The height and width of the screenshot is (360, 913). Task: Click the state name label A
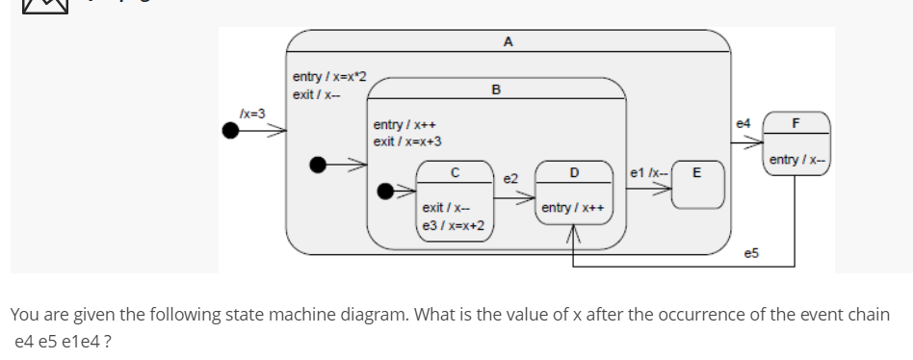pyautogui.click(x=508, y=41)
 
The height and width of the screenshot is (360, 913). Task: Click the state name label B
pyautogui.click(x=495, y=90)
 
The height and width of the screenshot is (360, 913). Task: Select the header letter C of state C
pyautogui.click(x=455, y=172)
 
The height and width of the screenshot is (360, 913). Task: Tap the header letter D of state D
pyautogui.click(x=574, y=172)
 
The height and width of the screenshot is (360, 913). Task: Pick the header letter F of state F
pyautogui.click(x=796, y=123)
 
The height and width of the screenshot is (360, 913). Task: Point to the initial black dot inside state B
pyautogui.click(x=386, y=191)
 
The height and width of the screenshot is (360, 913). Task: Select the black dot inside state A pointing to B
pyautogui.click(x=318, y=165)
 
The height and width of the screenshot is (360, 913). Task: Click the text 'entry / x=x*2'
pyautogui.click(x=328, y=77)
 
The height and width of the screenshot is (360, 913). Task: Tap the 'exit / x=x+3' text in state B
pyautogui.click(x=407, y=141)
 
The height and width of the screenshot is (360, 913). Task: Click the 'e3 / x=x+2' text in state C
pyautogui.click(x=453, y=225)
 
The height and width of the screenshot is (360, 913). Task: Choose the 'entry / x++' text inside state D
pyautogui.click(x=573, y=208)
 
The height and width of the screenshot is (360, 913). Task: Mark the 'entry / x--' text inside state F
pyautogui.click(x=796, y=159)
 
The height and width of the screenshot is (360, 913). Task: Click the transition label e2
pyautogui.click(x=510, y=179)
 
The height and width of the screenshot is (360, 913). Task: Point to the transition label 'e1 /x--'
pyautogui.click(x=644, y=172)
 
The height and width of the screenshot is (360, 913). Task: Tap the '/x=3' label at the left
pyautogui.click(x=251, y=114)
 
